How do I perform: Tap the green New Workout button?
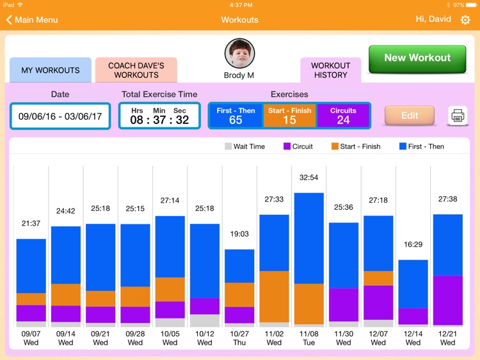pyautogui.click(x=417, y=58)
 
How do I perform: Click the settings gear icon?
pyautogui.click(x=465, y=20)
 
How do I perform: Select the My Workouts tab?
pyautogui.click(x=51, y=70)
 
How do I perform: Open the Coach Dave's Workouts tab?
pyautogui.click(x=136, y=70)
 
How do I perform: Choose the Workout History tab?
pyautogui.click(x=330, y=70)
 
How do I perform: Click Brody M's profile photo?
pyautogui.click(x=239, y=54)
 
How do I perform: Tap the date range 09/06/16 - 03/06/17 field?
pyautogui.click(x=60, y=116)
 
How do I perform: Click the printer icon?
pyautogui.click(x=458, y=116)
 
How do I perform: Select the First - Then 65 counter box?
pyautogui.click(x=236, y=116)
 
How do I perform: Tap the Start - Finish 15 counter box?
pyautogui.click(x=289, y=116)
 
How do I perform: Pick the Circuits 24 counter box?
pyautogui.click(x=343, y=116)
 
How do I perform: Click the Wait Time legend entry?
pyautogui.click(x=244, y=146)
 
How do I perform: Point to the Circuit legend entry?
pyautogui.click(x=298, y=146)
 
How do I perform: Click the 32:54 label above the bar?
pyautogui.click(x=308, y=178)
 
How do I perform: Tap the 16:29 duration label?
pyautogui.click(x=413, y=245)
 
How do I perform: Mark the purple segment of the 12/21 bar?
pyautogui.click(x=447, y=301)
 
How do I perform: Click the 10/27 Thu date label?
pyautogui.click(x=239, y=338)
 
